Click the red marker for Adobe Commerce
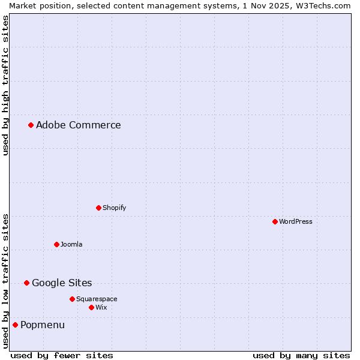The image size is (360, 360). [31, 125]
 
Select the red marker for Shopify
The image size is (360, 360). [98, 208]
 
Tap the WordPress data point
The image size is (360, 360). [275, 221]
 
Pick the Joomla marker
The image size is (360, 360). [56, 244]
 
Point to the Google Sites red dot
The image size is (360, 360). [26, 283]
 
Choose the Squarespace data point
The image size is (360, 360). [72, 299]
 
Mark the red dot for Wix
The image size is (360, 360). [91, 307]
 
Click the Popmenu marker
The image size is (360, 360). [15, 325]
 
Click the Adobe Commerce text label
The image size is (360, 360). [78, 125]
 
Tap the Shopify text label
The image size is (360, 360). [114, 208]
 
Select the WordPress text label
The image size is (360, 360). [295, 221]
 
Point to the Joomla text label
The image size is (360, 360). [71, 244]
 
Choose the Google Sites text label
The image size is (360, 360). [62, 283]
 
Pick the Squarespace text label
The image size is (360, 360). [97, 299]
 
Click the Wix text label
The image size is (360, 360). [101, 307]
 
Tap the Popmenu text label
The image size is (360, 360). [43, 325]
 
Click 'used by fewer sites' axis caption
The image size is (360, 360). [62, 355]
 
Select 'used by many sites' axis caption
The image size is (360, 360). [301, 355]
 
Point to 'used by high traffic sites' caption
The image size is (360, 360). [5, 85]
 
